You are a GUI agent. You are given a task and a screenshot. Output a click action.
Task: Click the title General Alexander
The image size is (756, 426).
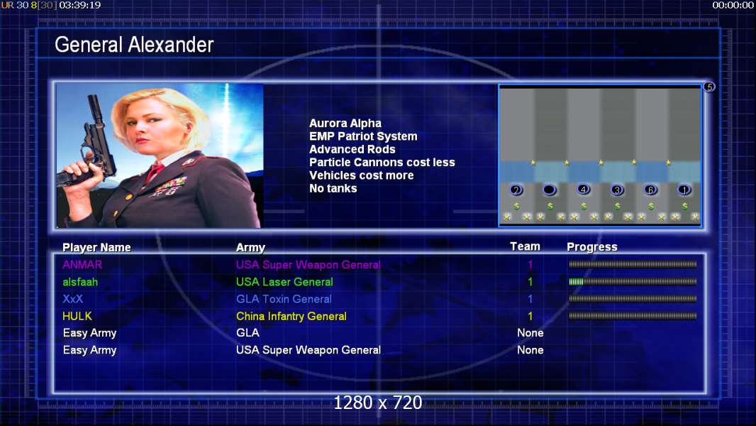tap(134, 45)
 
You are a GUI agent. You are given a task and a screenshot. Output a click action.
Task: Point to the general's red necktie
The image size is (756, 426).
tap(155, 170)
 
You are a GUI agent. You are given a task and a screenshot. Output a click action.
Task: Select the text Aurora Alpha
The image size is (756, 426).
tap(345, 124)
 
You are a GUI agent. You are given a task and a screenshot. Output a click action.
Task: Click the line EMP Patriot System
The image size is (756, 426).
tap(363, 136)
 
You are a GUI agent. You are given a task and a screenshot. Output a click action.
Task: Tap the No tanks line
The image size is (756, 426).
tap(333, 189)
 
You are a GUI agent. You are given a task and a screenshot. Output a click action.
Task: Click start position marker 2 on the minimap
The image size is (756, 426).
tap(516, 190)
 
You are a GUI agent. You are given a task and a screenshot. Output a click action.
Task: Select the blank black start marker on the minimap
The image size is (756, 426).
tap(549, 190)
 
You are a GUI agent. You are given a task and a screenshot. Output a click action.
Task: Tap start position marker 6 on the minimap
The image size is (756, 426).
tap(650, 190)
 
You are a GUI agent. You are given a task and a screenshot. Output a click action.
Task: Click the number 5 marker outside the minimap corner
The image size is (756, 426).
tap(709, 87)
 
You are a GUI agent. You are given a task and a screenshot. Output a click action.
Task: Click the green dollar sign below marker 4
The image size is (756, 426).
tap(584, 206)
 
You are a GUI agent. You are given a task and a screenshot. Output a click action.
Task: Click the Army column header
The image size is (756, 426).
tap(251, 248)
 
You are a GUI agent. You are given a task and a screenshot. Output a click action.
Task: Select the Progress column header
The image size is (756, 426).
tap(592, 247)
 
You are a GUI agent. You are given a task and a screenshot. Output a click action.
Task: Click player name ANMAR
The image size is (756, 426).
tap(82, 265)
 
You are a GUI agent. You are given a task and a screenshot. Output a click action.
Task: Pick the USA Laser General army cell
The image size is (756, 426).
tap(284, 282)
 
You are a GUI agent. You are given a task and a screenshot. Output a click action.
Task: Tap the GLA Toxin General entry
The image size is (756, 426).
tap(284, 299)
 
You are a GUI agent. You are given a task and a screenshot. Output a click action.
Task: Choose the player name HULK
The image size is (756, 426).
tap(77, 317)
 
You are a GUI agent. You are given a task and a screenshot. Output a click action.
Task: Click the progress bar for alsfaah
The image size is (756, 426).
tap(633, 282)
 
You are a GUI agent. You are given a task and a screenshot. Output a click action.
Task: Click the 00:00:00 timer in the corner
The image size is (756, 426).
tap(733, 5)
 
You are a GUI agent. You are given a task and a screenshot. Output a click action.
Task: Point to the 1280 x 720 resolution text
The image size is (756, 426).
tap(378, 403)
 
